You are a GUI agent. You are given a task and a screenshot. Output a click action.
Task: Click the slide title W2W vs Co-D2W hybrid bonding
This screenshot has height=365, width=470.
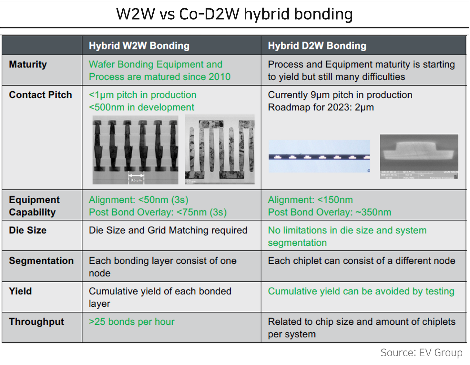pyautogui.click(x=234, y=14)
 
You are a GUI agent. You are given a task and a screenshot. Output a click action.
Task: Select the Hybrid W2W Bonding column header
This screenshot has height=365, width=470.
pyautogui.click(x=139, y=46)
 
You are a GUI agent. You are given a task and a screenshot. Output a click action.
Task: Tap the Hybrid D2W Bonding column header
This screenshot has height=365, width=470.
pyautogui.click(x=317, y=46)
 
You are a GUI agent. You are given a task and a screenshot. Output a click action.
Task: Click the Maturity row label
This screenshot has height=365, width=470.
pyautogui.click(x=28, y=65)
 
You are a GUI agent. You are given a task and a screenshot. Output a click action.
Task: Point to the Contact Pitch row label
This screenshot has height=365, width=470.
pyautogui.click(x=40, y=95)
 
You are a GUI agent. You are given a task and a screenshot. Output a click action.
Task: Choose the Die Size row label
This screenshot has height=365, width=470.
pyautogui.click(x=28, y=230)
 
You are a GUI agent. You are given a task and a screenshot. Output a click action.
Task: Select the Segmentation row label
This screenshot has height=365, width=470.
pyautogui.click(x=41, y=261)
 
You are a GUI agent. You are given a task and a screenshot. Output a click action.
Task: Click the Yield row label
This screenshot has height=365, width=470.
pyautogui.click(x=20, y=291)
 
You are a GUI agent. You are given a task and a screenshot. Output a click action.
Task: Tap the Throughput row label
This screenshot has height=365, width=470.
pyautogui.click(x=36, y=322)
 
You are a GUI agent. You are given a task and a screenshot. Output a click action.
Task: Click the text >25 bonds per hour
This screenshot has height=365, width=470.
pyautogui.click(x=132, y=322)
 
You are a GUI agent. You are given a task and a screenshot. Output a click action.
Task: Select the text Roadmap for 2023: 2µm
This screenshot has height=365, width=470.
pyautogui.click(x=321, y=107)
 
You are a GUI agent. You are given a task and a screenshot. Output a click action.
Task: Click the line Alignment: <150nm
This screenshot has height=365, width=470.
pyautogui.click(x=310, y=200)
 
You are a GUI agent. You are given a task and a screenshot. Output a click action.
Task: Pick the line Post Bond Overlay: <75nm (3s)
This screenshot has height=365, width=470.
pyautogui.click(x=158, y=212)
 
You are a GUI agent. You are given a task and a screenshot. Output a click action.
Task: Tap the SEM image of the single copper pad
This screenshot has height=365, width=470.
pyautogui.click(x=419, y=157)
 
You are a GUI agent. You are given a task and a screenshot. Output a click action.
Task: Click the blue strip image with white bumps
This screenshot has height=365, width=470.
pyautogui.click(x=319, y=156)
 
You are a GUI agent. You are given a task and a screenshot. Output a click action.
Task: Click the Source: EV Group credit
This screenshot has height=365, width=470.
pyautogui.click(x=421, y=352)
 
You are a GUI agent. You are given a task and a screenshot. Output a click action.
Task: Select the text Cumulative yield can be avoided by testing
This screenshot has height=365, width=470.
pyautogui.click(x=361, y=291)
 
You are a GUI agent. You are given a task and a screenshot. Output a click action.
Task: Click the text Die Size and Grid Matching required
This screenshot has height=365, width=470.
pyautogui.click(x=168, y=230)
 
